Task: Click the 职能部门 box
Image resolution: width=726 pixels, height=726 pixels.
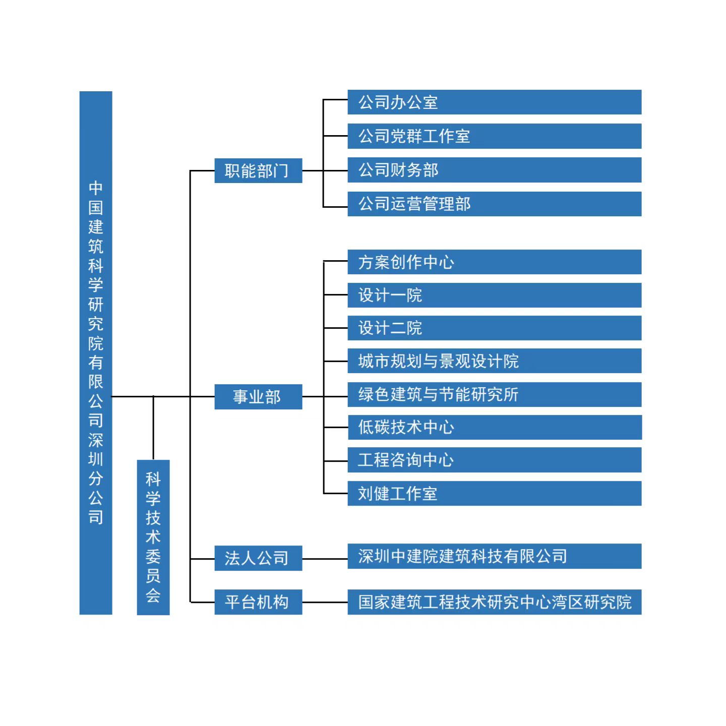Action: (258, 171)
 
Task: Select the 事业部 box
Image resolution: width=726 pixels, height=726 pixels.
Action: (258, 397)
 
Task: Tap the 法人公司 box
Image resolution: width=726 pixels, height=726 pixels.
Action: (258, 558)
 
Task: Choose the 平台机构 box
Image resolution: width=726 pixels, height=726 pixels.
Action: (258, 601)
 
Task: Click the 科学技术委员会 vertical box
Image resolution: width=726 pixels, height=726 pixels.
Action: (153, 537)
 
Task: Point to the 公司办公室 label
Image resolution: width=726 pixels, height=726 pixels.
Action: (398, 102)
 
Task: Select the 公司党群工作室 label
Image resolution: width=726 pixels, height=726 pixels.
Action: (414, 136)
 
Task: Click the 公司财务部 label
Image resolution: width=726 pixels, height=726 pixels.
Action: (398, 170)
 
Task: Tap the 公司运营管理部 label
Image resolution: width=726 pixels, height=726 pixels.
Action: (414, 204)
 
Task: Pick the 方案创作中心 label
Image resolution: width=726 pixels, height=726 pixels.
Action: (406, 262)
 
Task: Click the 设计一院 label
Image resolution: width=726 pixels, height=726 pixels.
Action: (390, 295)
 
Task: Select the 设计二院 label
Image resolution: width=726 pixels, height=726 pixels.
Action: (390, 328)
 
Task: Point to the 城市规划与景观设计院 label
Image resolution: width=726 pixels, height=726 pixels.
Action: (439, 361)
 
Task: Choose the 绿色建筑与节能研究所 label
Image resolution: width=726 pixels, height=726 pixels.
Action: (439, 394)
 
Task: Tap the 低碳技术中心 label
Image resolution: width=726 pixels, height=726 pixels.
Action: (406, 427)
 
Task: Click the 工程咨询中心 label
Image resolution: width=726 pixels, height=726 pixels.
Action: (406, 460)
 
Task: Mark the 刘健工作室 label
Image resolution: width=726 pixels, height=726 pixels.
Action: (397, 494)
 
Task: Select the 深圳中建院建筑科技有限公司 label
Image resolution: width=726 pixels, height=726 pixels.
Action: (463, 556)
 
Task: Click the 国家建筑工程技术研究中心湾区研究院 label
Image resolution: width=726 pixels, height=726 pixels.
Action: (495, 602)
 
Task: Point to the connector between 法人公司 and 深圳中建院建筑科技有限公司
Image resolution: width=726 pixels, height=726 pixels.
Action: (325, 559)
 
